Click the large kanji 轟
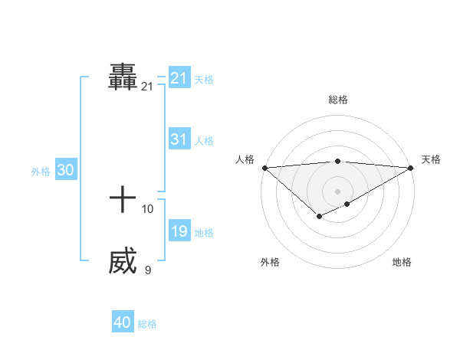pos(123,78)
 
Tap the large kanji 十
pos(123,201)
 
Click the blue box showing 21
pos(179,78)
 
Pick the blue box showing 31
pos(179,139)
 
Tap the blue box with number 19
pos(179,231)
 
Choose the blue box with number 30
pos(65,171)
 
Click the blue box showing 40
pos(123,323)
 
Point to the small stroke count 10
pos(148,208)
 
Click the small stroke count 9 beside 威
pos(148,270)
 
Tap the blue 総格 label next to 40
pos(147,324)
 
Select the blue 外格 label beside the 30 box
pos(41,172)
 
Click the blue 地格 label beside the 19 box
pos(204,232)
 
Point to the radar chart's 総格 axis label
pos(338,100)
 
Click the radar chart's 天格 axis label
pos(431,159)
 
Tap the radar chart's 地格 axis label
pos(402,262)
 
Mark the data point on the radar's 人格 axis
pos(264,168)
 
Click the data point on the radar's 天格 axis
pos(411,168)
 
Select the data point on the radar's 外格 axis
pos(320,218)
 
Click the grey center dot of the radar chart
pos(338,191)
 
